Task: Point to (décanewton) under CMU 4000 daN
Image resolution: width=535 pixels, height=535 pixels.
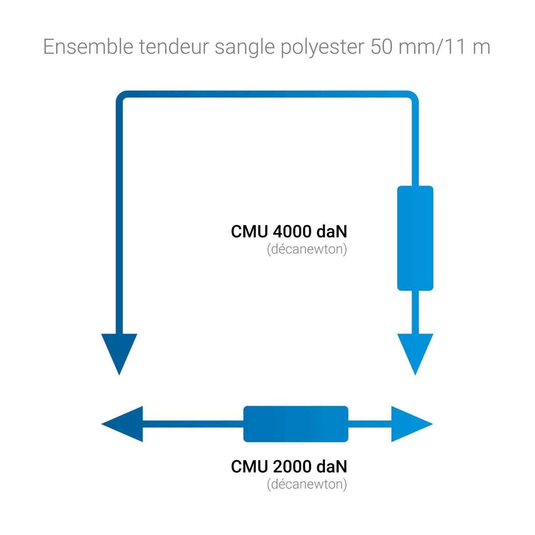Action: [x=307, y=249]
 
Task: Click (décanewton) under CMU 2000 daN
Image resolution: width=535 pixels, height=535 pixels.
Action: [x=307, y=484]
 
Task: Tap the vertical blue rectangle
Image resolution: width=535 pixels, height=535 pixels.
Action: [x=415, y=238]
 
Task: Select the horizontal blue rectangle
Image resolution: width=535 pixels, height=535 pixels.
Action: [x=296, y=424]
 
